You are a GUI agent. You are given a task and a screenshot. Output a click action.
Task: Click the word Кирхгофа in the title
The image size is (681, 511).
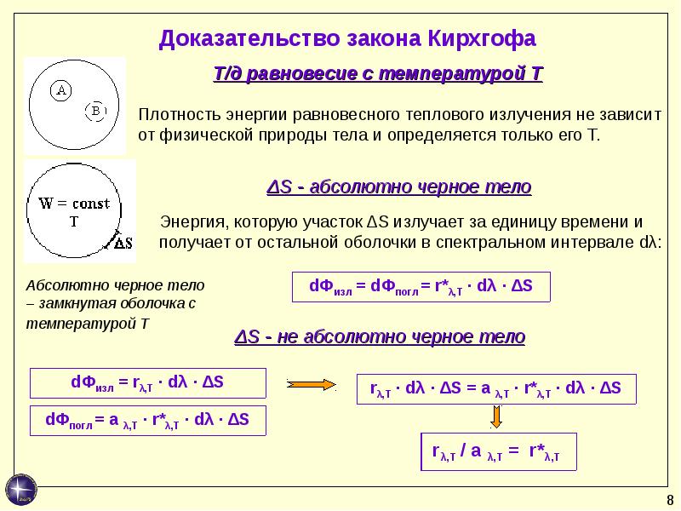coord(482,38)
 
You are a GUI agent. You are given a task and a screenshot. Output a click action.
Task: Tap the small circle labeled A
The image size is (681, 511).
coord(60,90)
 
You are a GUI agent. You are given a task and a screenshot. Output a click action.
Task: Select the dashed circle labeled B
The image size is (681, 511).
coord(95,111)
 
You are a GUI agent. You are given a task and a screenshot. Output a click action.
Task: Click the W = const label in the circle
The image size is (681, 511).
coord(74,204)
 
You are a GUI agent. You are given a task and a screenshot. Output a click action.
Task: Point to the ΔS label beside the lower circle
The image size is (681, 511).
coord(123,243)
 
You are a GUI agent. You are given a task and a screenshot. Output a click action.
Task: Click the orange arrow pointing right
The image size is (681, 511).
coord(311,385)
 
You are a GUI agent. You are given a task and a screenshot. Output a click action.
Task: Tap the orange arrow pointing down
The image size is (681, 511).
coord(496,416)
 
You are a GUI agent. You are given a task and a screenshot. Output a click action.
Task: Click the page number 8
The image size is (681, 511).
coord(670,500)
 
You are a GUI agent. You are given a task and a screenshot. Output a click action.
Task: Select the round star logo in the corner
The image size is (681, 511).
coord(20,490)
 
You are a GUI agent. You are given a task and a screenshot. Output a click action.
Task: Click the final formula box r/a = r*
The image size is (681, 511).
coord(499,451)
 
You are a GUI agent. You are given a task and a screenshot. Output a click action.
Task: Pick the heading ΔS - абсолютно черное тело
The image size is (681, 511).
coord(398,187)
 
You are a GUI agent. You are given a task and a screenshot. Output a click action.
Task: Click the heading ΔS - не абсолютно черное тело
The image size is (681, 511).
coord(380,336)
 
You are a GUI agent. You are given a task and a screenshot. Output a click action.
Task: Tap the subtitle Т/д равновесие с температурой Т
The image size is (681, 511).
coord(378,73)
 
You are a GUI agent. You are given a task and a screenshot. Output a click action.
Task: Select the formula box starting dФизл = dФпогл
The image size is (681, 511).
coord(421,287)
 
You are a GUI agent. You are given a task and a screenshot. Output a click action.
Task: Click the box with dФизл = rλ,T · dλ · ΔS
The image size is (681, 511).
coord(147,383)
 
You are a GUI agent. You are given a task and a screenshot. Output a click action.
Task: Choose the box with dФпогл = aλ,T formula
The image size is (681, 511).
coord(147,421)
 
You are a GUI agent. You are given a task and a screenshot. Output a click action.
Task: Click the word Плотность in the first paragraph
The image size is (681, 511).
coord(180,115)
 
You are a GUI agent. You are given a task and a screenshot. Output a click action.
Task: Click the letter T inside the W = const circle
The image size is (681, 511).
coord(74,222)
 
